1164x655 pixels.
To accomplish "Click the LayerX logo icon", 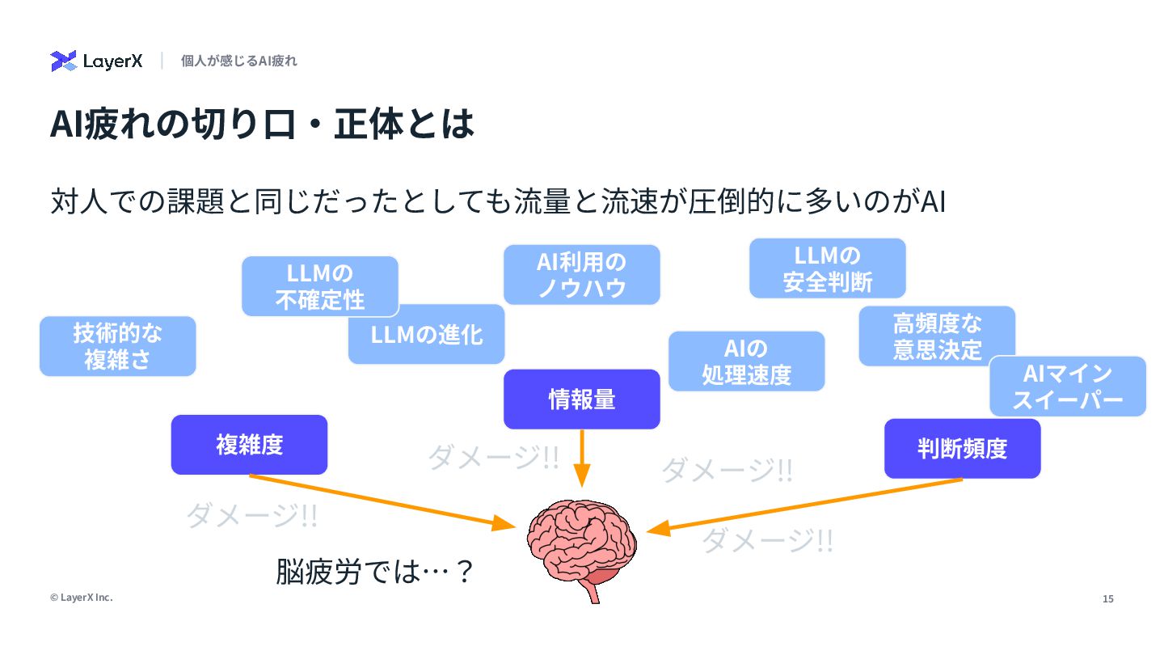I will tap(63, 61).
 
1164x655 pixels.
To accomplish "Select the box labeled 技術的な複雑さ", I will tap(118, 346).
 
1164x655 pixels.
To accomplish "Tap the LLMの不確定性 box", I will tap(319, 285).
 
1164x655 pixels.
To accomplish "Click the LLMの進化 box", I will tap(426, 335).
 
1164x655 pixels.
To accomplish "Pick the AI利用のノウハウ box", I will tap(581, 275).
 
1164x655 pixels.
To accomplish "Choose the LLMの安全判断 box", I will tap(827, 268).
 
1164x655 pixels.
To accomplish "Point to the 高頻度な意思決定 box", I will tap(937, 336).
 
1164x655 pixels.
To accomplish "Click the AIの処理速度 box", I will tap(746, 361).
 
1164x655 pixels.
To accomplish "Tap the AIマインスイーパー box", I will tap(1067, 386).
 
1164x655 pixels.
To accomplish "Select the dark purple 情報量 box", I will tap(581, 399).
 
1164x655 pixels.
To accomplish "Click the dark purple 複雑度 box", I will tap(249, 445).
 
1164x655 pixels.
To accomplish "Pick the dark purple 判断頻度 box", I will tap(962, 449).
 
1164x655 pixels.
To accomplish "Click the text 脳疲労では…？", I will tap(373, 573).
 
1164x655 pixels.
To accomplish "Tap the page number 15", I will tap(1107, 599).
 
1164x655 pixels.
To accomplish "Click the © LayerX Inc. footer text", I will tap(81, 598).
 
